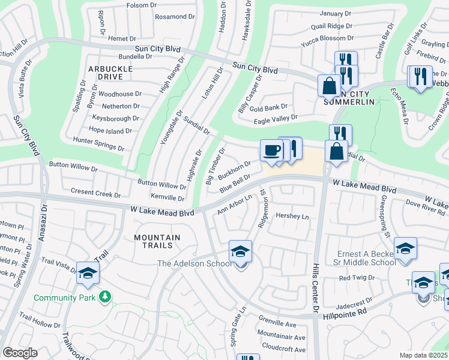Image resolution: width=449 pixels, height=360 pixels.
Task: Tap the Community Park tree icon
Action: click(106, 297)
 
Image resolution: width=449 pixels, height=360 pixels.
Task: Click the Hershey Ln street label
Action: click(292, 216)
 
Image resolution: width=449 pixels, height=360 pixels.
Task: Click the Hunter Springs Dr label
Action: click(98, 144)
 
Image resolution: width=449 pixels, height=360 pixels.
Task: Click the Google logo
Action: click(19, 352)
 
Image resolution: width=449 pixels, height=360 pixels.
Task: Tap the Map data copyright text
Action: click(424, 355)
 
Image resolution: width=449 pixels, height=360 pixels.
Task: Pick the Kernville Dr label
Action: click(167, 197)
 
